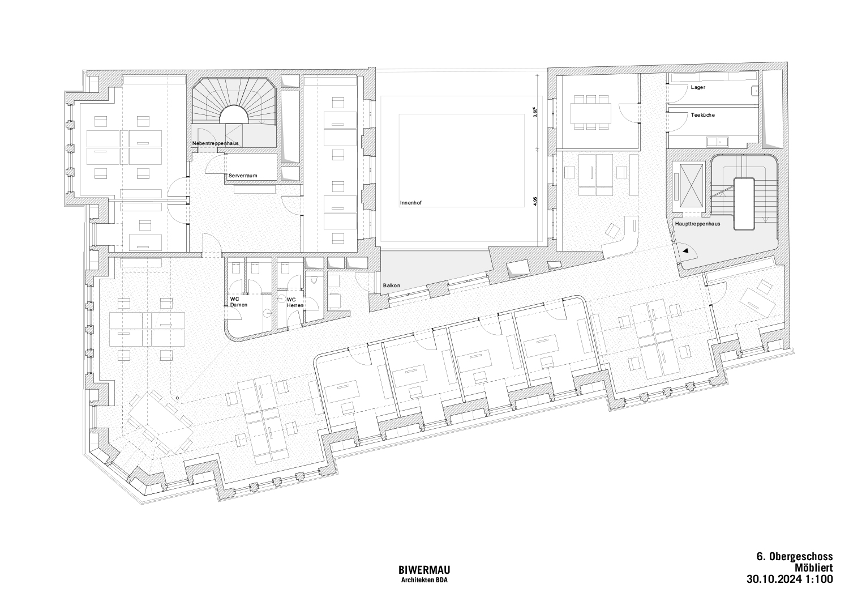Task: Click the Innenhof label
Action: click(x=410, y=203)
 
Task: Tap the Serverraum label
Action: click(x=243, y=176)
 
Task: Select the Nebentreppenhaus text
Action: click(x=215, y=143)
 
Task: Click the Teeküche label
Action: click(x=703, y=115)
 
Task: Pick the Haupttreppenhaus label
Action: click(x=697, y=224)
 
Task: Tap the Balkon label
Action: click(x=391, y=285)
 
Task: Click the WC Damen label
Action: click(x=238, y=302)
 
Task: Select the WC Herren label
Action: click(x=295, y=302)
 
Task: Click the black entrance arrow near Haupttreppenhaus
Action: click(x=685, y=251)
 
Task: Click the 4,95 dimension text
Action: click(x=535, y=201)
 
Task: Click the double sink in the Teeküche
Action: click(x=717, y=142)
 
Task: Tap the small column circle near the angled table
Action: click(x=177, y=398)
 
